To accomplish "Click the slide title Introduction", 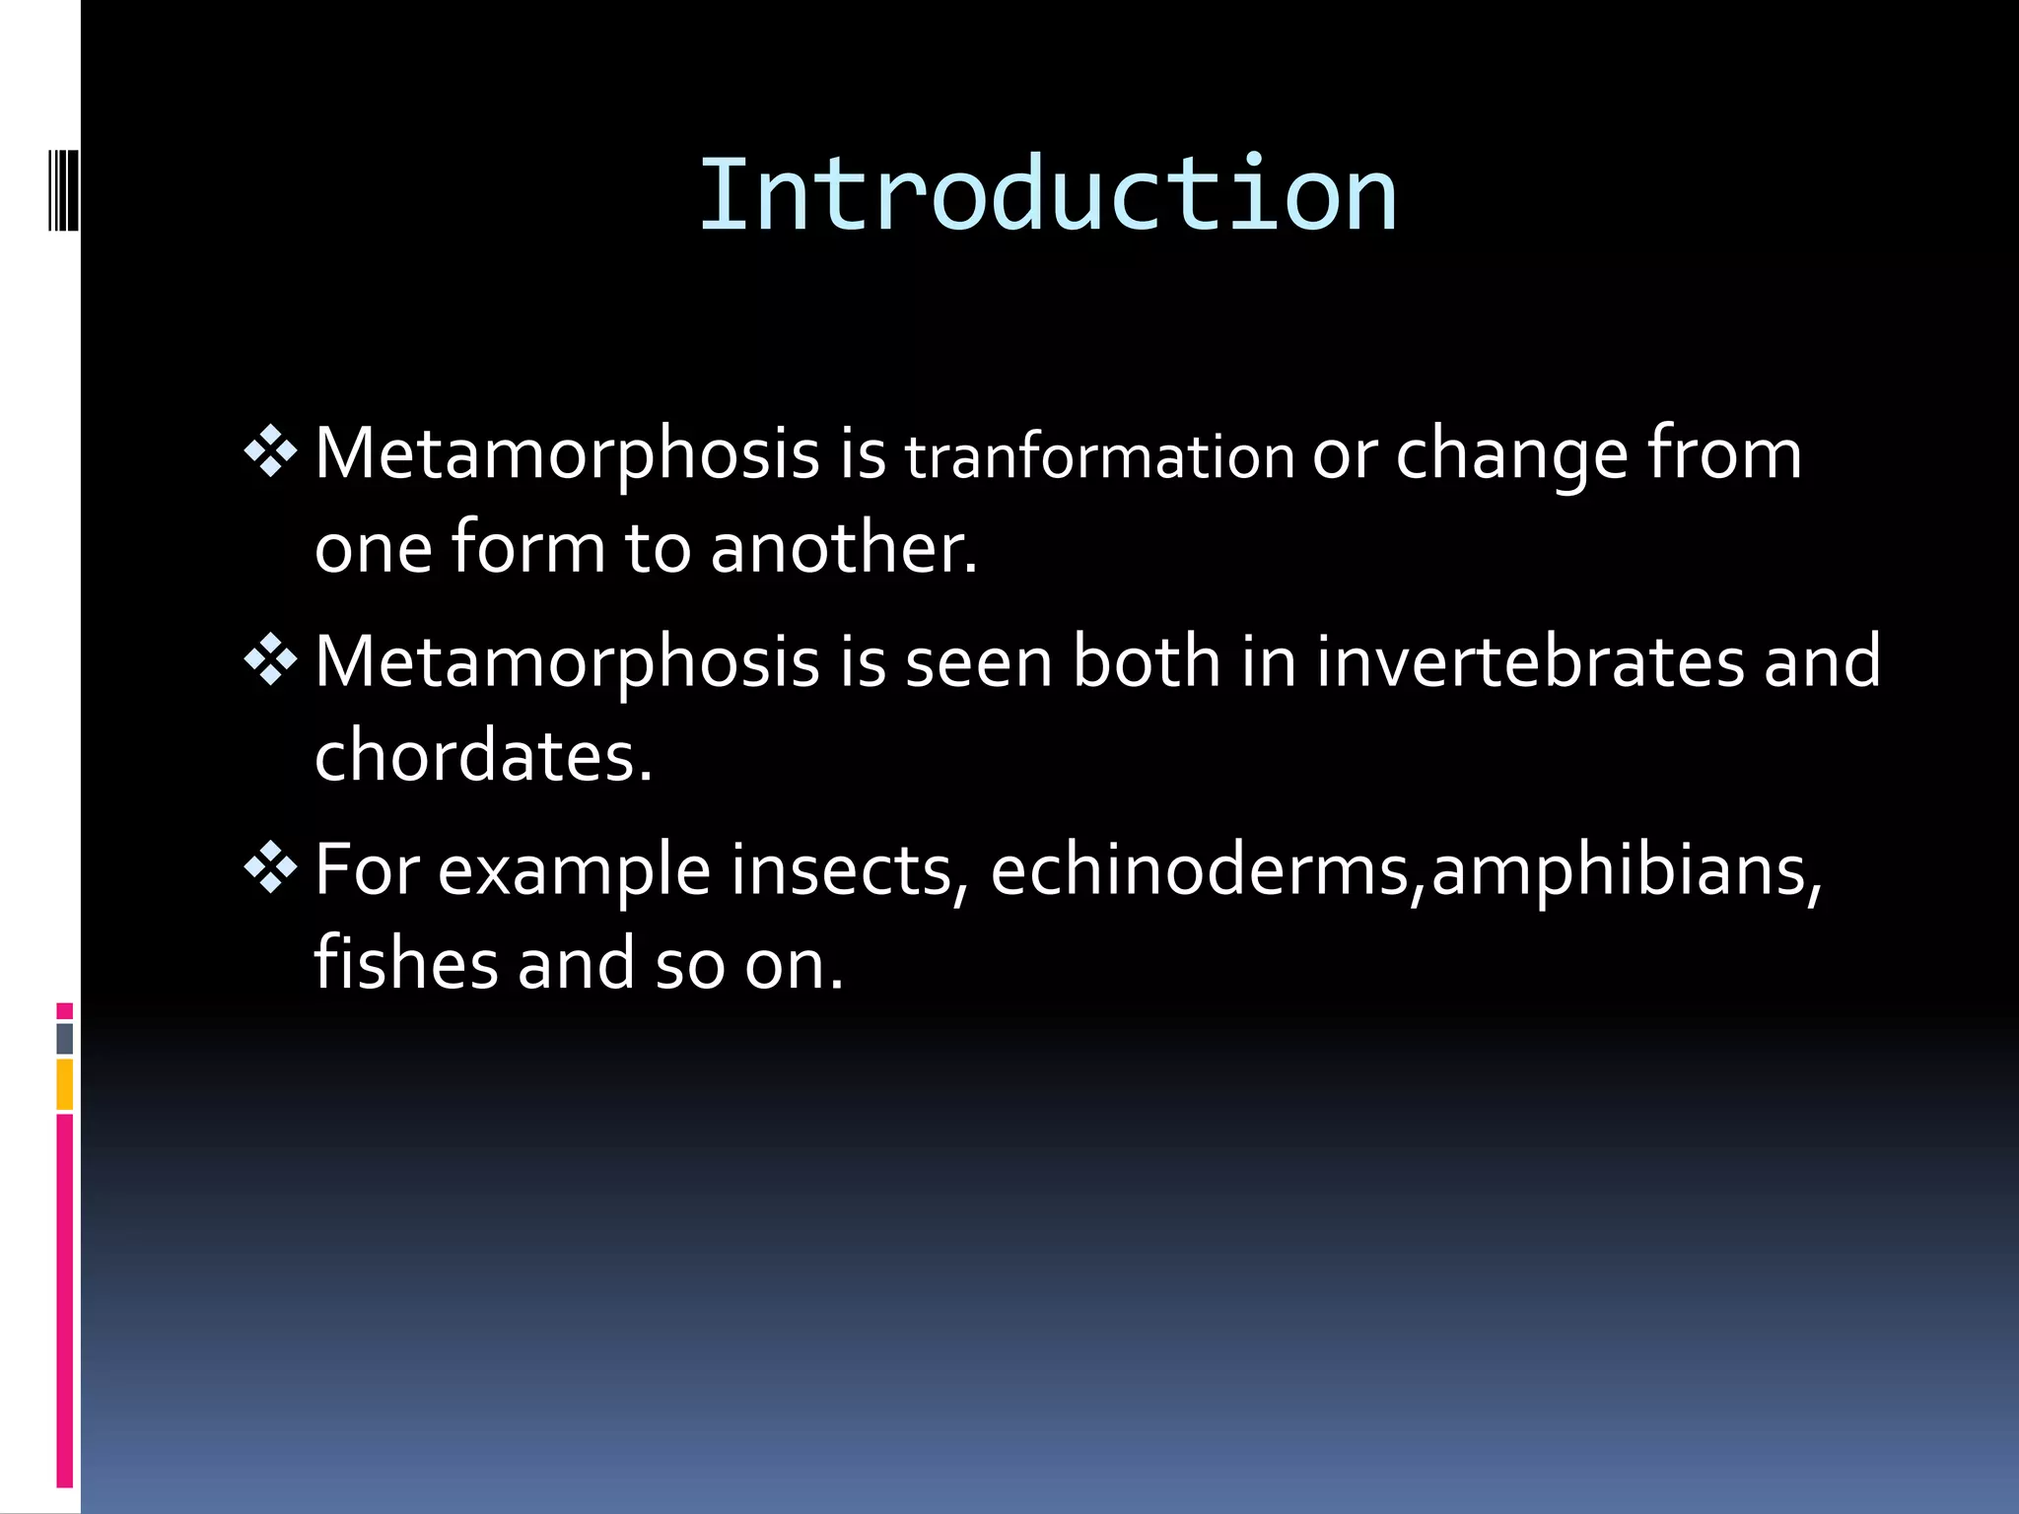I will [1047, 196].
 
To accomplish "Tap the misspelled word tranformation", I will [1099, 457].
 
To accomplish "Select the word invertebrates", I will [1530, 661].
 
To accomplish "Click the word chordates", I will [483, 755].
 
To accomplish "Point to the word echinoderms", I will [1201, 870].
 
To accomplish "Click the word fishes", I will [405, 963].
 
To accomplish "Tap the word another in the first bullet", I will [843, 548].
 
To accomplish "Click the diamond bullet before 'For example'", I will [270, 868].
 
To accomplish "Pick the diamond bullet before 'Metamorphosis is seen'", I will [270, 660].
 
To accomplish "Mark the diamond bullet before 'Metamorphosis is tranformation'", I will [270, 452].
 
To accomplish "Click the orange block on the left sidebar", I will [65, 1084].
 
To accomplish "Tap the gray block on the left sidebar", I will [65, 1038].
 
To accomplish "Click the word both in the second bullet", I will [1147, 661].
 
